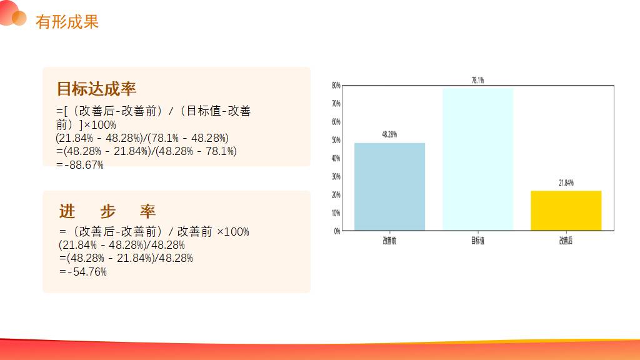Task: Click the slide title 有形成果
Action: [x=67, y=22]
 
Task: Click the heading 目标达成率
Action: [x=96, y=89]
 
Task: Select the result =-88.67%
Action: [x=80, y=165]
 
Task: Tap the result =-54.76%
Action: [x=83, y=272]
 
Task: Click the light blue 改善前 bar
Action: [x=389, y=186]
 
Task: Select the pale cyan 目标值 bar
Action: [x=478, y=159]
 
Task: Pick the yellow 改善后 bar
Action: [x=566, y=211]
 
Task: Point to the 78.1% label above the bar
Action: [x=478, y=81]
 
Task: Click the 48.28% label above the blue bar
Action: [x=389, y=134]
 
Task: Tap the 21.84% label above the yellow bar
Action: [x=566, y=183]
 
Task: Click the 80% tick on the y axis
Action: [x=336, y=85]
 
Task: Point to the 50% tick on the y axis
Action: [x=336, y=140]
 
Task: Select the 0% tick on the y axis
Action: [x=337, y=231]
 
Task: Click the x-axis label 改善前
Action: [x=389, y=241]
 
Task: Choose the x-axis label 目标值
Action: [x=478, y=241]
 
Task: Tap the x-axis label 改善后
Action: [x=566, y=241]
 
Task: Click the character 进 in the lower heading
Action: [x=67, y=211]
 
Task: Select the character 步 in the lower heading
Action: [x=107, y=211]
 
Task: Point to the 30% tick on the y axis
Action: [x=336, y=176]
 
